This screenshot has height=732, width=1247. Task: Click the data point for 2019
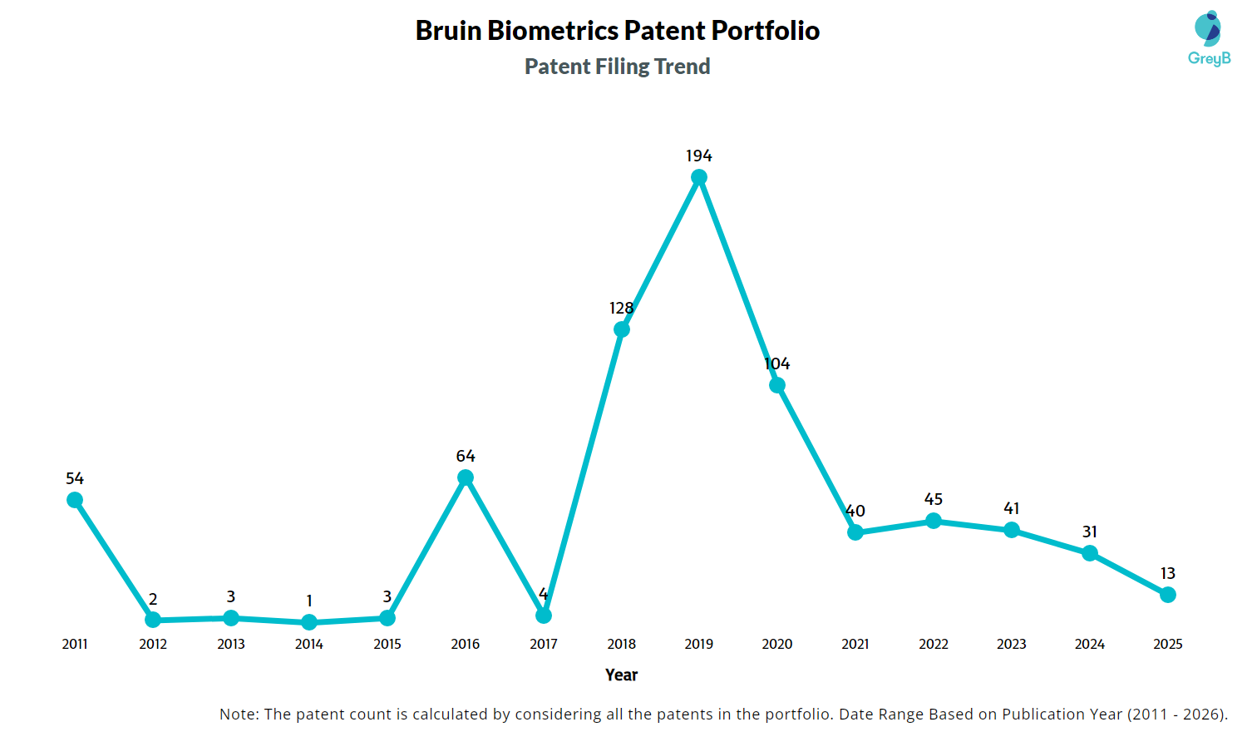point(699,177)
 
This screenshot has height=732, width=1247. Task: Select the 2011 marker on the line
point(75,500)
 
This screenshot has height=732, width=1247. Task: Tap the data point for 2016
point(466,477)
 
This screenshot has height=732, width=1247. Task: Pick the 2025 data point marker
point(1168,595)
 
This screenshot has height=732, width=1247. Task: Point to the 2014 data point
point(309,622)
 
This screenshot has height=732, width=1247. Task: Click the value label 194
point(699,156)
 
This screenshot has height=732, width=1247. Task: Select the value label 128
point(621,308)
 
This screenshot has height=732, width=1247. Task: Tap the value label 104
point(777,364)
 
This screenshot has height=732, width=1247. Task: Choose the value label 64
point(466,456)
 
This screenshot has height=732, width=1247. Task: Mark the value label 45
point(934,499)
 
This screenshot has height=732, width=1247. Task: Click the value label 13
point(1168,573)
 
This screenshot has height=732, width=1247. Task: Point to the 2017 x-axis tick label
point(544,644)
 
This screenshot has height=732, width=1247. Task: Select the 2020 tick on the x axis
point(777,644)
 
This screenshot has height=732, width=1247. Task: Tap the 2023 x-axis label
point(1012,644)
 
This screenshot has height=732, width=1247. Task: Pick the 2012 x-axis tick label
point(153,644)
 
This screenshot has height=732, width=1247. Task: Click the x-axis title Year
point(622,675)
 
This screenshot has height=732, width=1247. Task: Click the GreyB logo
point(1209,38)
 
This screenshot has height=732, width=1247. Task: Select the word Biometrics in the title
point(553,31)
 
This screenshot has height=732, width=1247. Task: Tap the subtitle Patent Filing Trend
point(618,67)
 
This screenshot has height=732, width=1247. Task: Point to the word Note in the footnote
point(238,714)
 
